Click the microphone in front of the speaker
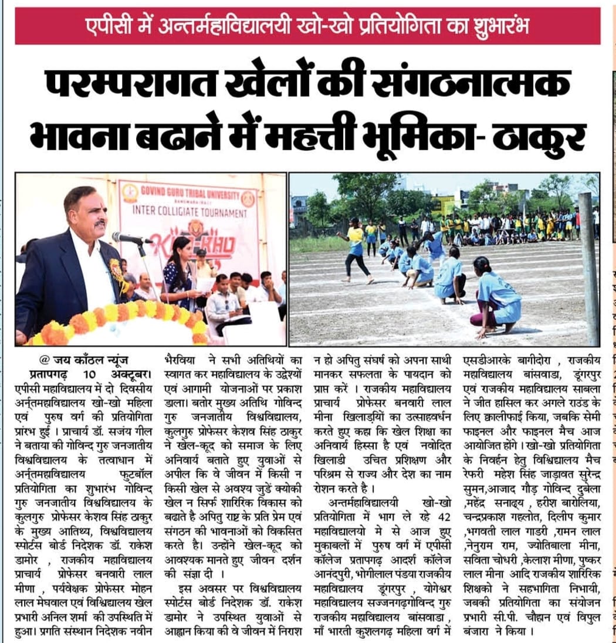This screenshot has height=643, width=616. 126,238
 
